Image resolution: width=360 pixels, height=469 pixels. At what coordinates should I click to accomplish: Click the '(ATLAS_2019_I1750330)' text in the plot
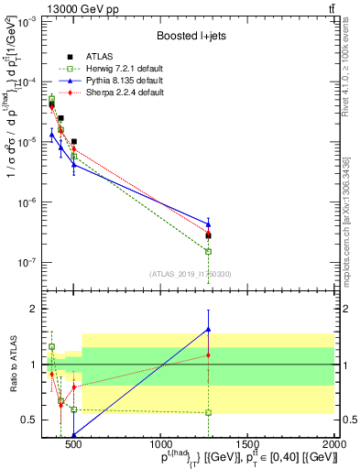(190, 274)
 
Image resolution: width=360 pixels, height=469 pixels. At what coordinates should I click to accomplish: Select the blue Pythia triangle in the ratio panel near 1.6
(209, 330)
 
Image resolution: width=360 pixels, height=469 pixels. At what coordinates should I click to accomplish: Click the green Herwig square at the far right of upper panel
(209, 251)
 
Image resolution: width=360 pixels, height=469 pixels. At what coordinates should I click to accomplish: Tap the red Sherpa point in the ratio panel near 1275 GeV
(209, 354)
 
